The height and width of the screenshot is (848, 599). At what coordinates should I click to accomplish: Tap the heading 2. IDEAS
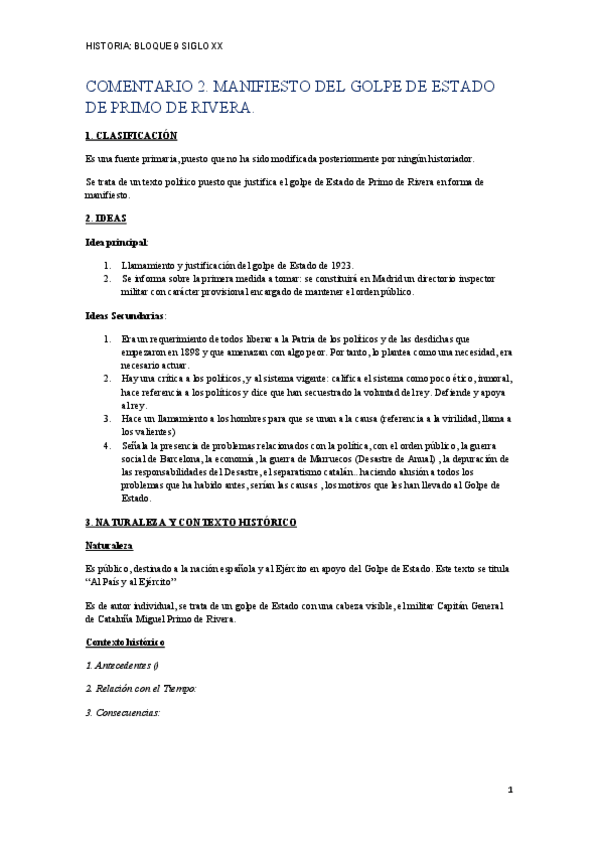coord(106,217)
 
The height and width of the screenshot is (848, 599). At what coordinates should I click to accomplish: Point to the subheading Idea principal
coord(117,242)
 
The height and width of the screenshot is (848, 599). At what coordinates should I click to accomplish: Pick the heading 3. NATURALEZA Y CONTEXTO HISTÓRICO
coord(191,522)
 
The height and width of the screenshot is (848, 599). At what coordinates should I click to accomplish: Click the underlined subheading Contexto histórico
coord(125,640)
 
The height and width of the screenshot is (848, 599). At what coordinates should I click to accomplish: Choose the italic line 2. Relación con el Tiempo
coord(140,689)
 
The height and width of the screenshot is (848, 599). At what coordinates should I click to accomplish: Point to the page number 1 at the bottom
coord(509,790)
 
